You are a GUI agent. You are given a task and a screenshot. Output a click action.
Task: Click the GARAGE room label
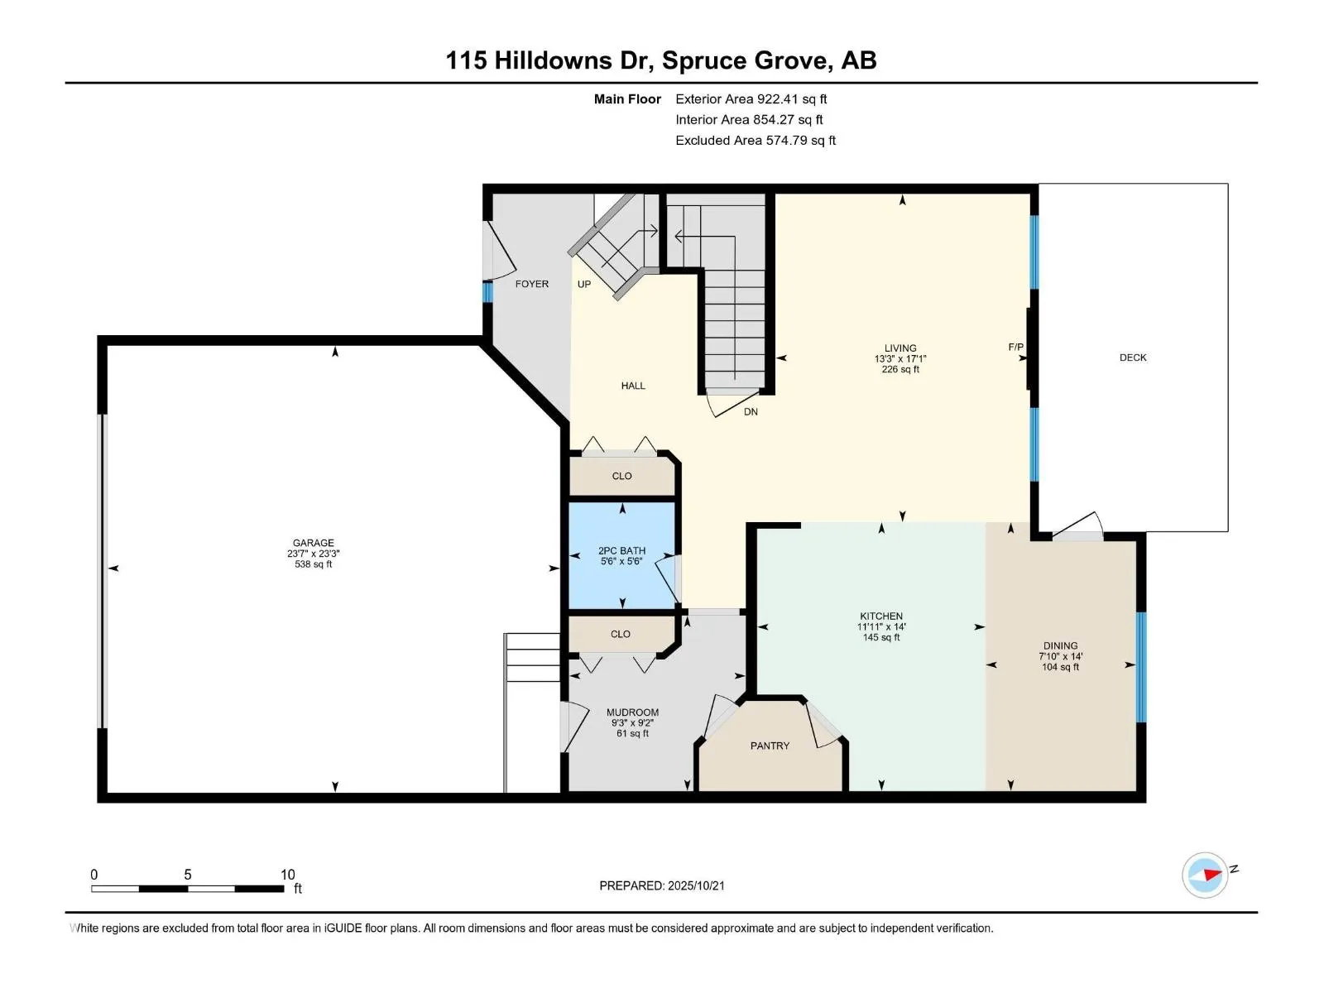click(313, 543)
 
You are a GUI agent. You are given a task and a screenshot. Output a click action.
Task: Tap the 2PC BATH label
click(621, 550)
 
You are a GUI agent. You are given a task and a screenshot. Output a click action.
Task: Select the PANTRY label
click(770, 746)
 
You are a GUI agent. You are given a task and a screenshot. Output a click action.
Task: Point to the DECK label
click(1133, 357)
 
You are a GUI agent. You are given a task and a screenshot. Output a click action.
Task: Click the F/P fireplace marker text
click(1016, 347)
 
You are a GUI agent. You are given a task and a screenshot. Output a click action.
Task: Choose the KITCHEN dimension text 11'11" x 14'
click(881, 626)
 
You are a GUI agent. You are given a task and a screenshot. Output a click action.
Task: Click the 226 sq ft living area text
click(900, 369)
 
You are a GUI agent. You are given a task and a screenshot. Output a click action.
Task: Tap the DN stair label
click(751, 412)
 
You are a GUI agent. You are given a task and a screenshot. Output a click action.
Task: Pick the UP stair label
click(584, 284)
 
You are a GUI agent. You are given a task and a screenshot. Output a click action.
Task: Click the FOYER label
click(532, 284)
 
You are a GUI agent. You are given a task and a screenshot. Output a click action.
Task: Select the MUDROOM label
click(632, 712)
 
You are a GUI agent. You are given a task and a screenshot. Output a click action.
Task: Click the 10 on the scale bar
click(288, 874)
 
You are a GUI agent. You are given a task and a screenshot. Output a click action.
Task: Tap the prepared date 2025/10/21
click(695, 885)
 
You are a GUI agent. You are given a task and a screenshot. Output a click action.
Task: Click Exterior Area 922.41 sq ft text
click(751, 98)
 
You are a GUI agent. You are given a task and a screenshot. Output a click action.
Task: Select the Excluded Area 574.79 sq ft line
click(756, 141)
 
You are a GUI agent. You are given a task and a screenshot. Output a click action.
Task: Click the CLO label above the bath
click(622, 476)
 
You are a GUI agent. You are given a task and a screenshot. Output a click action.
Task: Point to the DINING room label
click(1060, 645)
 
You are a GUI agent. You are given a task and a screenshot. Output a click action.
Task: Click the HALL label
click(633, 386)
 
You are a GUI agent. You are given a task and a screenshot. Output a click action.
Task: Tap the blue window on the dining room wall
click(1140, 667)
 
